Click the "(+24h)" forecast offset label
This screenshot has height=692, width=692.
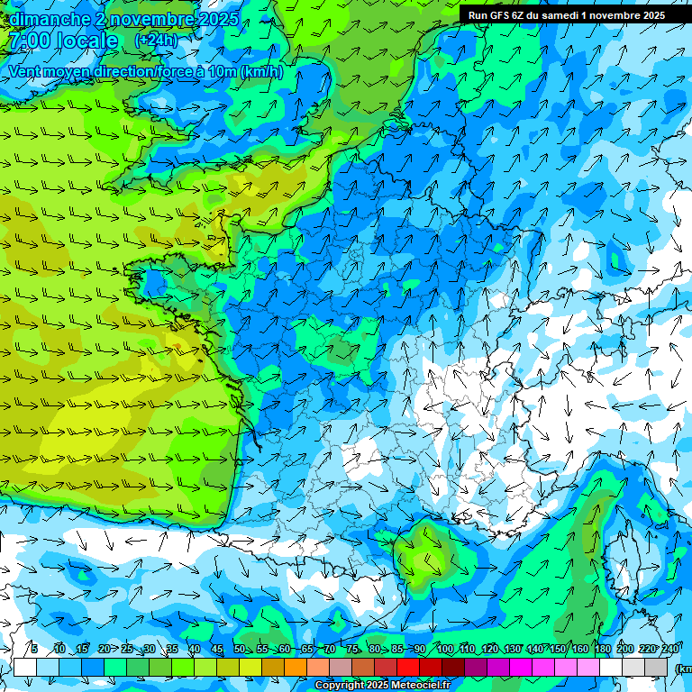click(156, 41)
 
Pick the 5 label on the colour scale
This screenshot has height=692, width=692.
click(34, 650)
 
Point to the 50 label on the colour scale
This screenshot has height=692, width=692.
click(240, 650)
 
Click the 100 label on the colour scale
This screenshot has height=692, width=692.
click(445, 650)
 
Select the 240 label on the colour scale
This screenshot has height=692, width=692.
click(670, 650)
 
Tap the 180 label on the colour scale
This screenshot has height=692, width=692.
click(603, 650)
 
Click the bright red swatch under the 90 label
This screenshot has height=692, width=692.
click(408, 667)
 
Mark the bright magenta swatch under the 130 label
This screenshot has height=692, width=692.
click(521, 667)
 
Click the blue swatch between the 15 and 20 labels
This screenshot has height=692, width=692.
click(93, 667)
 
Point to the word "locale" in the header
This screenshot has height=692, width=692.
click(86, 41)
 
